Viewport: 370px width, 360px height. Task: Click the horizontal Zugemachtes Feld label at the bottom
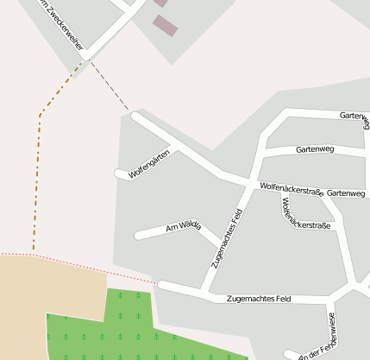pos(258,299)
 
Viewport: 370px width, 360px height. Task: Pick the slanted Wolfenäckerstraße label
pos(305,213)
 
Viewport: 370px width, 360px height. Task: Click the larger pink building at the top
pos(165,26)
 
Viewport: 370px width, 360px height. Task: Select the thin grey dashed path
pos(109,86)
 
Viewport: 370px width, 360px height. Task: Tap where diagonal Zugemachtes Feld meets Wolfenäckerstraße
pos(250,185)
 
